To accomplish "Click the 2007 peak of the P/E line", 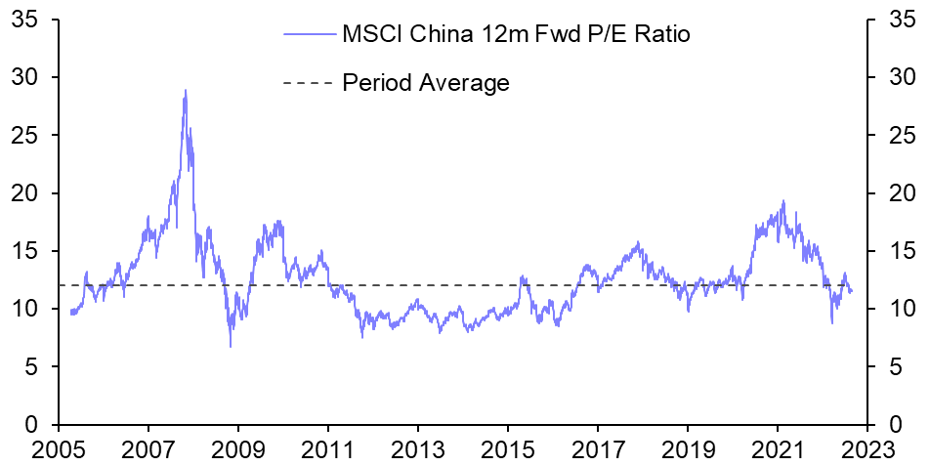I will point(186,90).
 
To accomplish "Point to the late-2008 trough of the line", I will point(231,346).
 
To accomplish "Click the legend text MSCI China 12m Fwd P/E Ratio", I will point(516,35).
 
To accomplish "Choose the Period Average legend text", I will point(426,83).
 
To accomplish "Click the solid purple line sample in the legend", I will point(309,35).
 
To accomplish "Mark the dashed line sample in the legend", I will point(309,83).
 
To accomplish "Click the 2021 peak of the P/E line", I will point(783,201).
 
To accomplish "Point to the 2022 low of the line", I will point(832,323).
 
